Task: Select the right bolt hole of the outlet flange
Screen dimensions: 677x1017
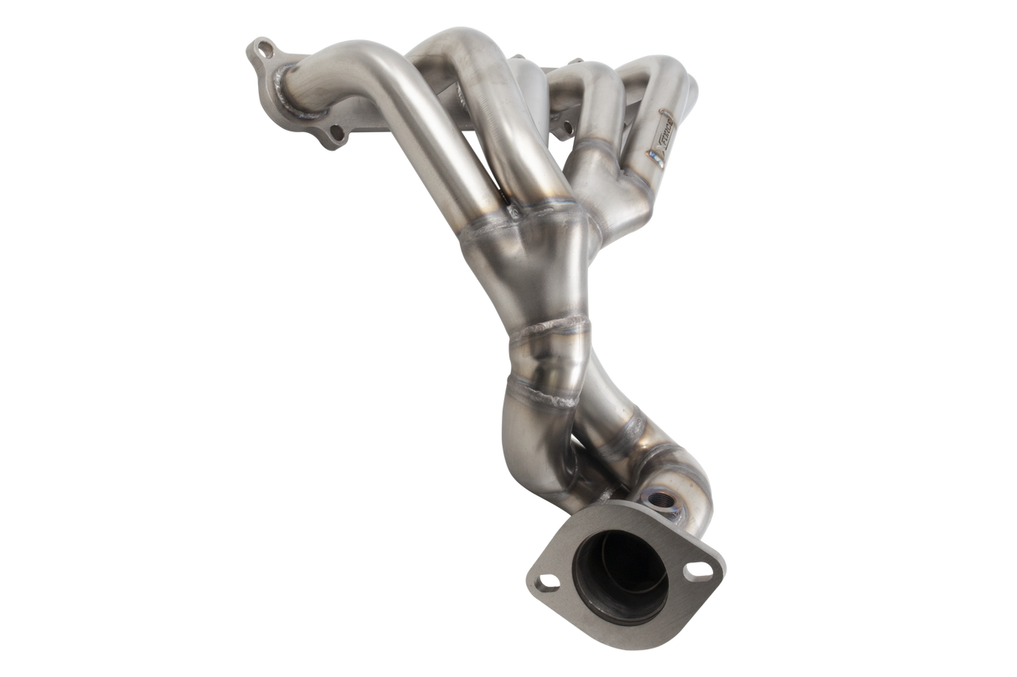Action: (x=694, y=571)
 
